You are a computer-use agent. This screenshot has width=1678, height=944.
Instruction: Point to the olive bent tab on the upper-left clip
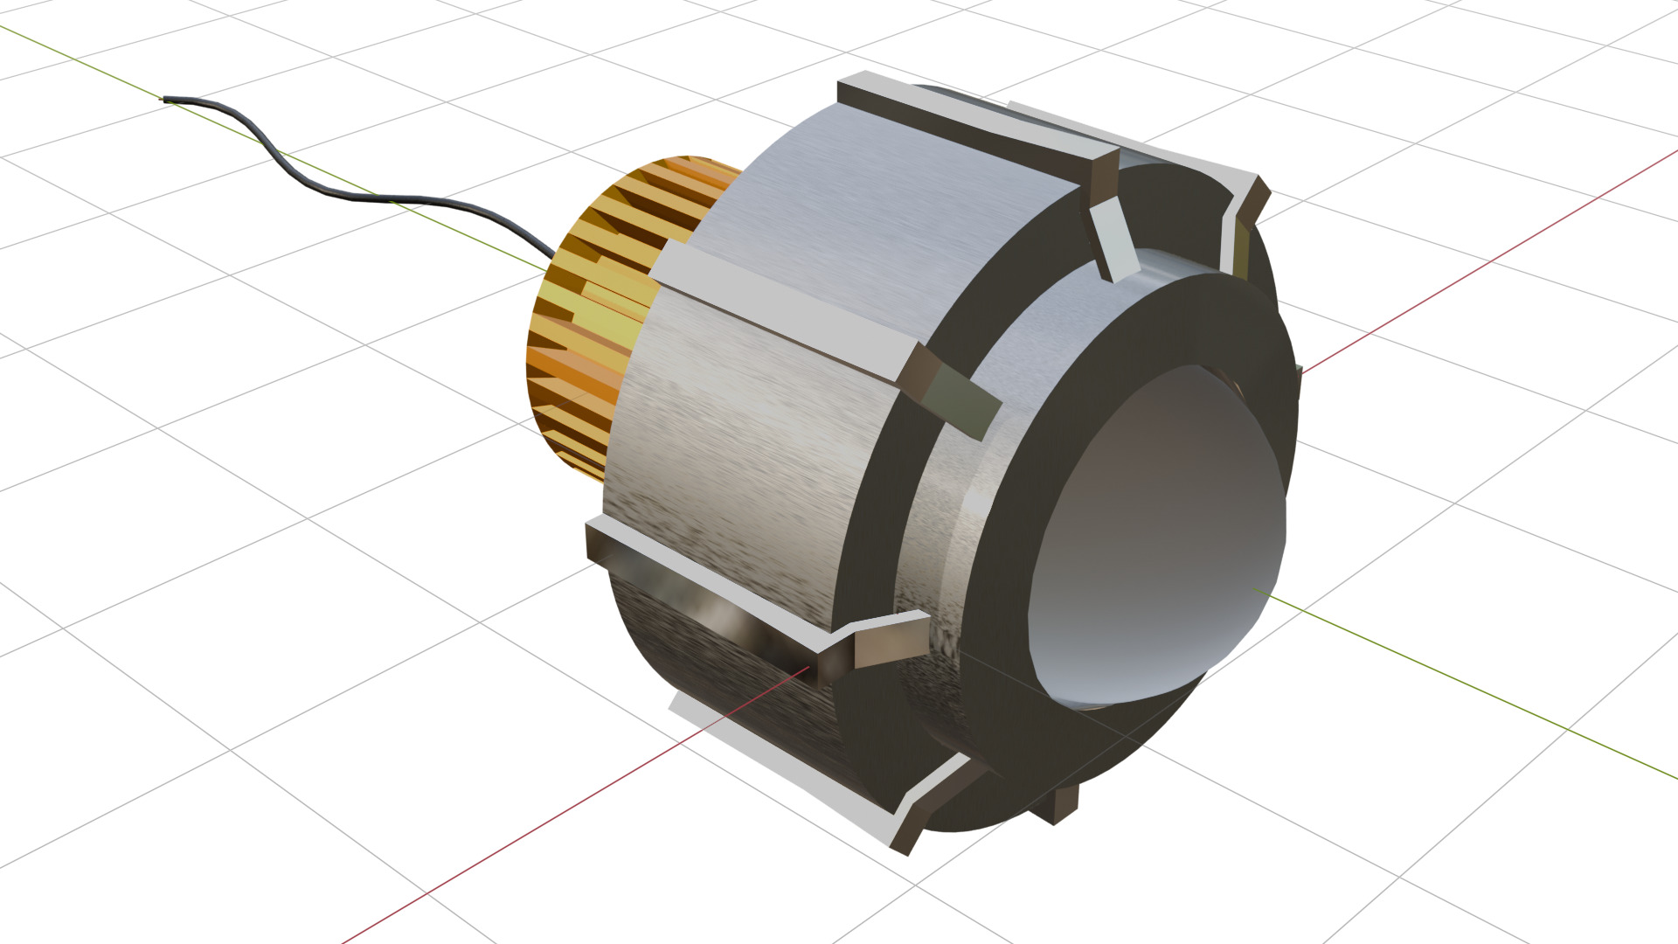[961, 398]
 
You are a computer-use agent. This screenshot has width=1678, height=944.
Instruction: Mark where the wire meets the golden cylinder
[552, 256]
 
